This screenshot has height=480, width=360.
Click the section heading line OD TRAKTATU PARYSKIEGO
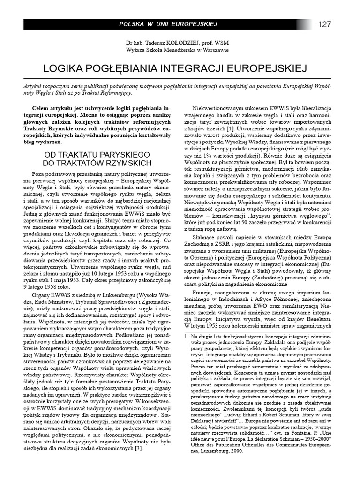[97, 154]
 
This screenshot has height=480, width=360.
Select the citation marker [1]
[231, 128]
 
